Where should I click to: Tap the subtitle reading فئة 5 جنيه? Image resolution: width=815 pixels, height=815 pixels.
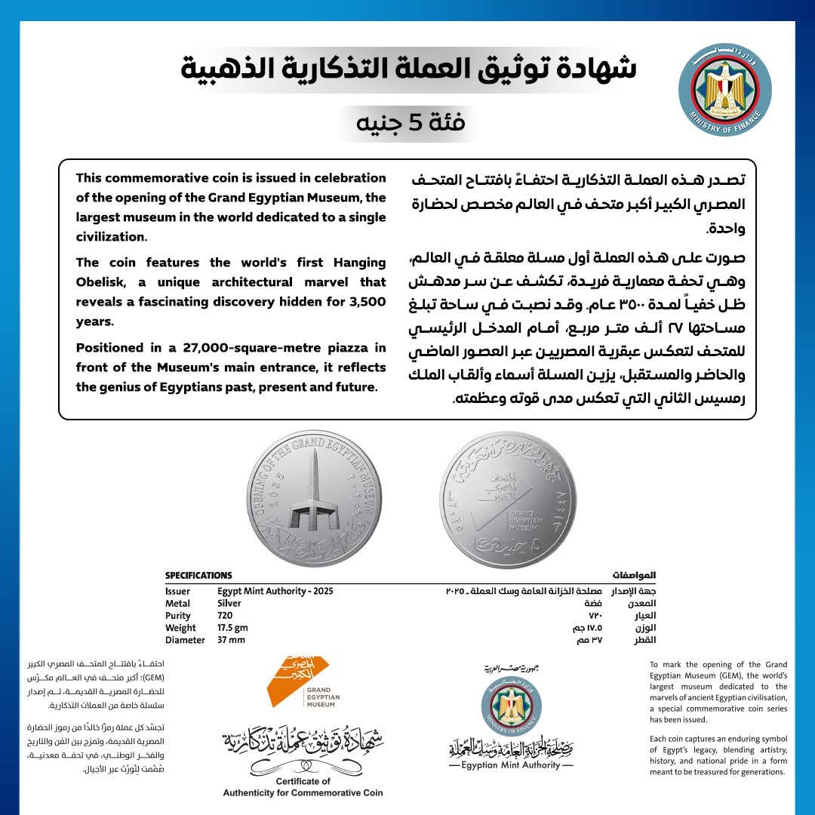[407, 121]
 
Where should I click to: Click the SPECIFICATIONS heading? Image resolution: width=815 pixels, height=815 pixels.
[198, 576]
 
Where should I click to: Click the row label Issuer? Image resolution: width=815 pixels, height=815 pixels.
[177, 592]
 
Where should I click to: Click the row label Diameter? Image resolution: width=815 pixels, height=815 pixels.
[185, 640]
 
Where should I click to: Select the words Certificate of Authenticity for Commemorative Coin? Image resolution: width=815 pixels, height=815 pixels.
[303, 787]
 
